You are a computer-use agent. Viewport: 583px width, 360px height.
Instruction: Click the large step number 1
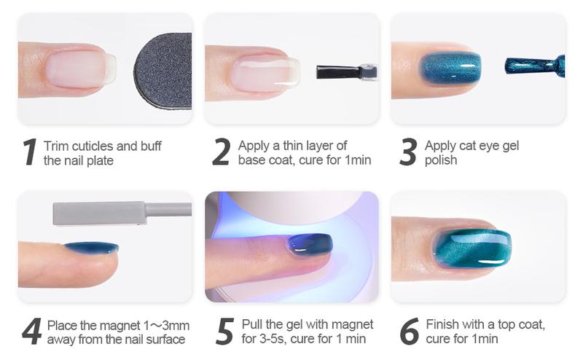pos(29,152)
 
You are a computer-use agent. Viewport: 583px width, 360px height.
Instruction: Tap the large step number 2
pos(221,152)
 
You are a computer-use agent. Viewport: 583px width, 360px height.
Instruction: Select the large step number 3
pos(408,152)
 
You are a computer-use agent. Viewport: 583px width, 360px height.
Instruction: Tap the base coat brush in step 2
pos(346,72)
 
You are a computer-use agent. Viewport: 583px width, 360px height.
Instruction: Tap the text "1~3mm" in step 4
pos(165,324)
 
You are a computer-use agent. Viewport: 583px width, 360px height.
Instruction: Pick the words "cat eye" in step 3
pos(480,146)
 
